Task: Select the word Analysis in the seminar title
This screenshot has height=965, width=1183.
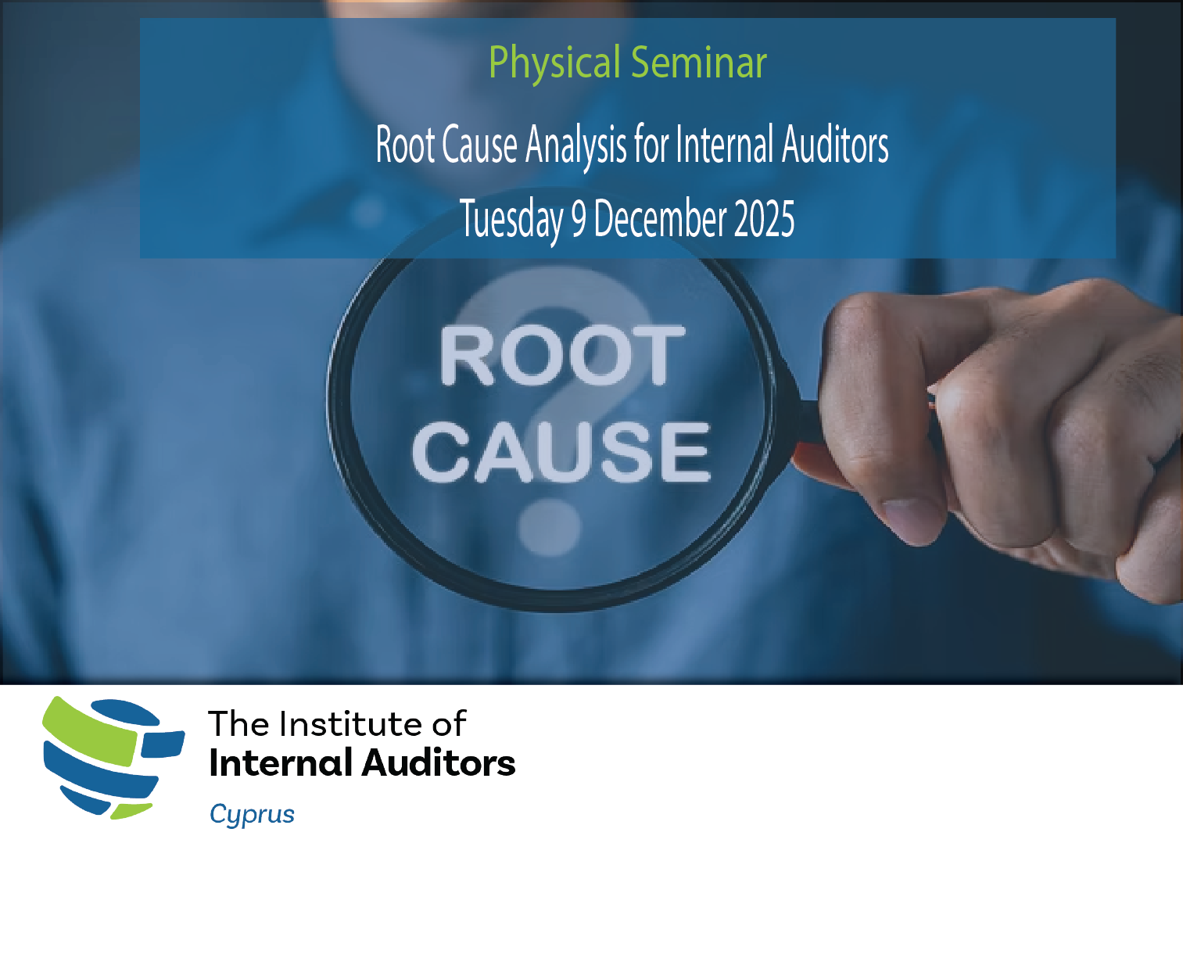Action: pyautogui.click(x=575, y=146)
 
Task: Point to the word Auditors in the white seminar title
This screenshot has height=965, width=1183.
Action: pyautogui.click(x=835, y=144)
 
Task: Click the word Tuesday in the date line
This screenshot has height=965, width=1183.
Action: pyautogui.click(x=511, y=220)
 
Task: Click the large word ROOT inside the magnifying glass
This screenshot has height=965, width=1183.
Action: pyautogui.click(x=562, y=354)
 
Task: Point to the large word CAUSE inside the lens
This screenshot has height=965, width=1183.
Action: pyautogui.click(x=561, y=452)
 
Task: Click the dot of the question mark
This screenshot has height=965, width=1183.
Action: pyautogui.click(x=549, y=527)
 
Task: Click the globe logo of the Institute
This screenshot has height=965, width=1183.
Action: pyautogui.click(x=113, y=758)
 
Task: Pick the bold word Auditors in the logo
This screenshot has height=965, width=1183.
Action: pyautogui.click(x=439, y=763)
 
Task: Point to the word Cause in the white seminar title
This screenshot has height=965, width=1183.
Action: pyautogui.click(x=479, y=144)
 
